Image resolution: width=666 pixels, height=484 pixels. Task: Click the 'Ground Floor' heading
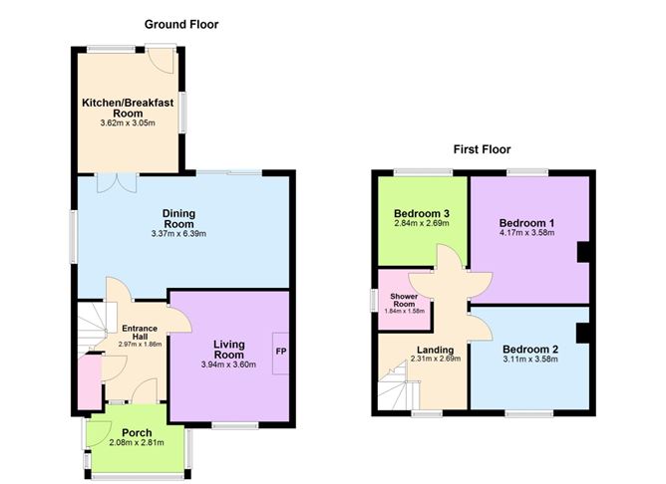[x=181, y=24]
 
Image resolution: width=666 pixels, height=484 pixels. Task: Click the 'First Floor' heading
[x=482, y=149]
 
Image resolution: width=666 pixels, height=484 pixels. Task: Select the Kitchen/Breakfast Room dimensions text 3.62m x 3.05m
[x=121, y=124]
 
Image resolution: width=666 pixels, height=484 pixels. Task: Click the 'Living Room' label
[x=228, y=350]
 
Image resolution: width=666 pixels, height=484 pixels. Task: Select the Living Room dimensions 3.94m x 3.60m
[x=228, y=365]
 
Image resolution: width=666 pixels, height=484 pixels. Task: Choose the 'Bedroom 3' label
[x=421, y=213]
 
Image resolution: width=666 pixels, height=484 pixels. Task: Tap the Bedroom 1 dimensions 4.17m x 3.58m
[x=526, y=233]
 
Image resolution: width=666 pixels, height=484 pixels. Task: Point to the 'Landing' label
[x=436, y=350]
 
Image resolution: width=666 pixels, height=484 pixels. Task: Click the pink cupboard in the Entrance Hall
[x=88, y=380]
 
